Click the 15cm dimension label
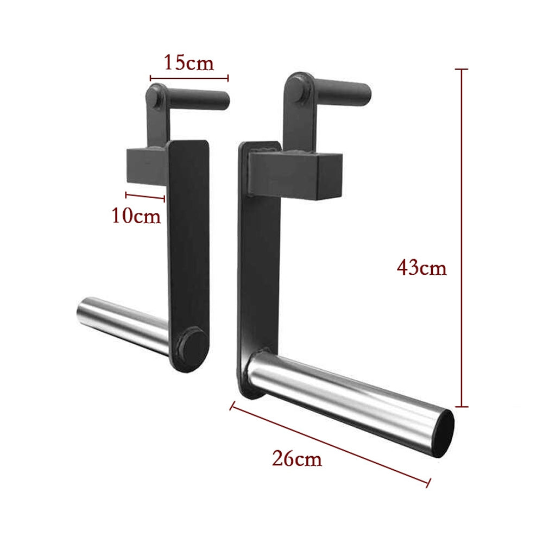click(189, 62)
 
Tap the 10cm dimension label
click(136, 216)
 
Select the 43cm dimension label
click(421, 268)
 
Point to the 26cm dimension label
click(297, 459)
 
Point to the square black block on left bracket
click(147, 166)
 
